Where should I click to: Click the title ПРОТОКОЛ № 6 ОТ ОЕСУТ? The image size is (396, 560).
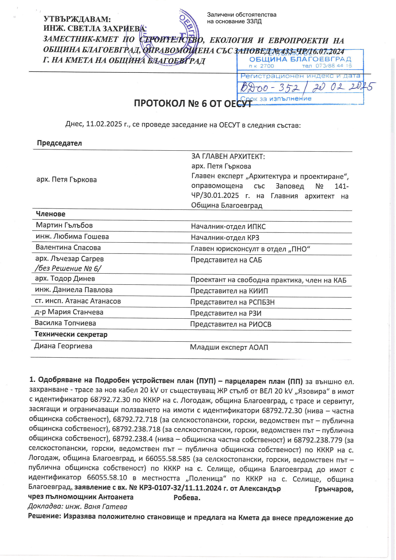tap(192, 103)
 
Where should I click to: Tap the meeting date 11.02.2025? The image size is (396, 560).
tap(104, 124)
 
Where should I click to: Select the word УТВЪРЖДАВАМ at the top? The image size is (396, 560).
tap(77, 19)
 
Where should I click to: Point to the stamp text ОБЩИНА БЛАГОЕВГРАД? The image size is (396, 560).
tap(300, 59)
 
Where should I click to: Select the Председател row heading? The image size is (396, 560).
tap(59, 143)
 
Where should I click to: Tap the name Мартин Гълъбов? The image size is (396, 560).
tap(64, 225)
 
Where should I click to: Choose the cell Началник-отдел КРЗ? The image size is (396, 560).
tap(225, 238)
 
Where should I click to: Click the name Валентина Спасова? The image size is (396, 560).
tap(68, 247)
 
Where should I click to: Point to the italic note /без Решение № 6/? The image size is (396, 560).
tap(68, 268)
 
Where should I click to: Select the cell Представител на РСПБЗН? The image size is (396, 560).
tap(232, 302)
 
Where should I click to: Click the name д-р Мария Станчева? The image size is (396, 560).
tap(69, 312)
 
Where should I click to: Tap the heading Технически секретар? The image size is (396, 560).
tap(71, 334)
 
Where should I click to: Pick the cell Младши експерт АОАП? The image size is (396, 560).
tap(229, 347)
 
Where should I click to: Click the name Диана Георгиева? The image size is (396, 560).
tap(63, 346)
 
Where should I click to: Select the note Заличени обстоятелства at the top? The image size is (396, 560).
tap(242, 15)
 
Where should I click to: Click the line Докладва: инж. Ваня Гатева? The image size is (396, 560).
tap(78, 506)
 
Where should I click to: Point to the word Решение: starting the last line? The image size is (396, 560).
tap(44, 517)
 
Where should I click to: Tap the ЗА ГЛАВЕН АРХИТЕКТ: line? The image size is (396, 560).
tap(228, 156)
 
